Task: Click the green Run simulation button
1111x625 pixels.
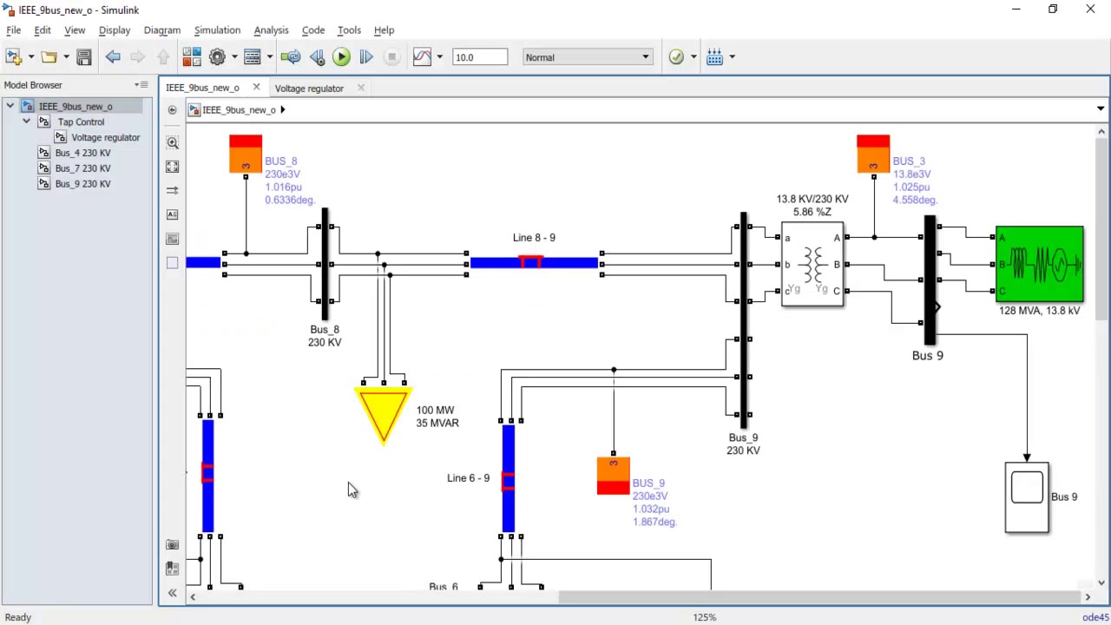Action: [341, 57]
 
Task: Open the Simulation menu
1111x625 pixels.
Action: [217, 30]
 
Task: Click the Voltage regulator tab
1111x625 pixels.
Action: [309, 88]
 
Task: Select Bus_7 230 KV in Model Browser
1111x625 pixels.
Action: [82, 168]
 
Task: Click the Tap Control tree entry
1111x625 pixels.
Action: [81, 122]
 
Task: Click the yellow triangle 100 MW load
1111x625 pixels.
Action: [383, 412]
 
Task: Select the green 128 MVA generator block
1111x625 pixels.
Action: [1039, 264]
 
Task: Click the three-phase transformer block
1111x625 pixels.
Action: [812, 264]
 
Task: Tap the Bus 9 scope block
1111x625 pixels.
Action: [1027, 497]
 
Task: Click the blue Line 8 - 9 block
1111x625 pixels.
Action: [533, 262]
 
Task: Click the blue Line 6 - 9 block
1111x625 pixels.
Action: [508, 477]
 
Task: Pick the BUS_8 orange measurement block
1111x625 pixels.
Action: [246, 154]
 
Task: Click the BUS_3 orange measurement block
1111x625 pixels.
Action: [872, 154]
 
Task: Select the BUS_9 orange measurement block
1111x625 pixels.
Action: [613, 476]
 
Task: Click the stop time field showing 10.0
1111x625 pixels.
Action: [479, 57]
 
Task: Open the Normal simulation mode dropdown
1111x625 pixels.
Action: [587, 57]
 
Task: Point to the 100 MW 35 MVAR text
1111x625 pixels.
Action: [437, 417]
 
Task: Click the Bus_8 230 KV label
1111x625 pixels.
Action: [325, 336]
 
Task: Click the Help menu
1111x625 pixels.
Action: [384, 30]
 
